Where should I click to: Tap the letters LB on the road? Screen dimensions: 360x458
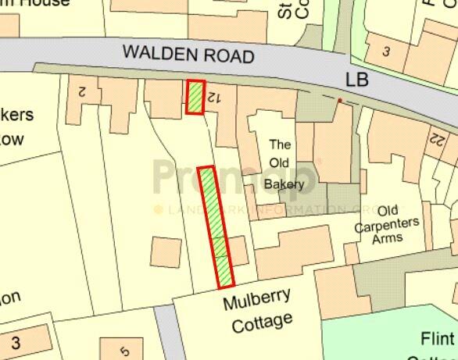357,80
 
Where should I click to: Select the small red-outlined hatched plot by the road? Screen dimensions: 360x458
195,97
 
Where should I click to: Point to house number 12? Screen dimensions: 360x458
210,98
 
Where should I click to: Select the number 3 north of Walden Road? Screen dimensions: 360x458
386,52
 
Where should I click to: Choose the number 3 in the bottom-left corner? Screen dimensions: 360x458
16,343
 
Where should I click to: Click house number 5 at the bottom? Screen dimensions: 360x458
124,351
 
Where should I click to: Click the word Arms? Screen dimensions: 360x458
388,237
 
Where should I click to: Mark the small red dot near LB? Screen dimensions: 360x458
339,101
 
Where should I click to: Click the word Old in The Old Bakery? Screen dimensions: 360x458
280,165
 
